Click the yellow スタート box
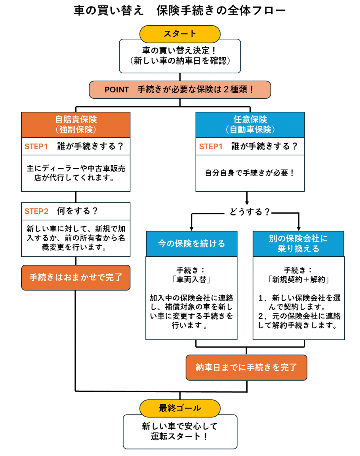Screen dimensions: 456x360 coord(180,33)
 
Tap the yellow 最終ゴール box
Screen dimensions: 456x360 coord(180,408)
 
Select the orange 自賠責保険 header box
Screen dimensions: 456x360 coord(76,124)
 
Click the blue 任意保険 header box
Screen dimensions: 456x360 coord(250,124)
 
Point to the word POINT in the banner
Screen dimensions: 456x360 coord(117,90)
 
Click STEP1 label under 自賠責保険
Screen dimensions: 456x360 coord(36,147)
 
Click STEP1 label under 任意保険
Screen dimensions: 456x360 coord(211,147)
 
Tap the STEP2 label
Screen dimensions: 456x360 coord(36,212)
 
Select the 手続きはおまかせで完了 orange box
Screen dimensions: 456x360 coord(76,277)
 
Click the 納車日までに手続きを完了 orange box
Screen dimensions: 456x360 coord(246,367)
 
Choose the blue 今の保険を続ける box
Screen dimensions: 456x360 coord(192,244)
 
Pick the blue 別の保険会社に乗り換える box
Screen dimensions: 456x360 coord(298,244)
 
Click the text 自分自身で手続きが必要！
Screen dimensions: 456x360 coord(250,173)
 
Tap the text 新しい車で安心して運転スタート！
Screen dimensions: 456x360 coord(180,431)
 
